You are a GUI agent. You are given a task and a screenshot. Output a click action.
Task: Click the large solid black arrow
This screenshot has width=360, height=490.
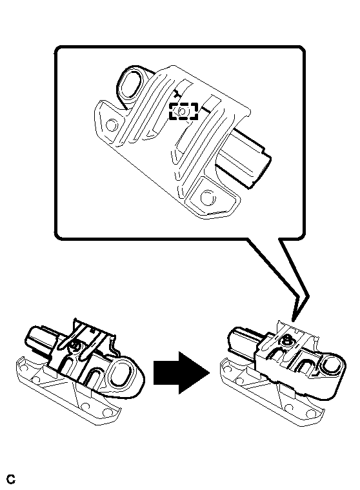(x=181, y=373)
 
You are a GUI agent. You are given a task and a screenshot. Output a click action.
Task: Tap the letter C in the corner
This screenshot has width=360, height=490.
(x=11, y=479)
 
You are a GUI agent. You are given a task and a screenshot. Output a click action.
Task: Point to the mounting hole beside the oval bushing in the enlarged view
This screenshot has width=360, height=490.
(x=112, y=125)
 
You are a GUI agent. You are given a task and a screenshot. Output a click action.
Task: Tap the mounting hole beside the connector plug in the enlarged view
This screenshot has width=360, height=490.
(x=208, y=197)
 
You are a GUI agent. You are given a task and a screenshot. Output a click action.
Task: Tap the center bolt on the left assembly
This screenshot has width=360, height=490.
(x=75, y=345)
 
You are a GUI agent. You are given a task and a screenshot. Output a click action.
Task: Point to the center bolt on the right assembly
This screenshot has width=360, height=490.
(x=286, y=340)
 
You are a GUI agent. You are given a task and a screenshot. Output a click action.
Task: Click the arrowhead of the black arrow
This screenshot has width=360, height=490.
(x=194, y=373)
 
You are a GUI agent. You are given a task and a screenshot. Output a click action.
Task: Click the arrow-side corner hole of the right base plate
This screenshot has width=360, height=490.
(x=311, y=413)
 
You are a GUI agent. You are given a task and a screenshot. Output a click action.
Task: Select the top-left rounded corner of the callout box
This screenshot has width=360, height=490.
(x=57, y=49)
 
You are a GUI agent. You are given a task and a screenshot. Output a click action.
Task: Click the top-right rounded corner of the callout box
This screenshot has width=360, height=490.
(x=302, y=49)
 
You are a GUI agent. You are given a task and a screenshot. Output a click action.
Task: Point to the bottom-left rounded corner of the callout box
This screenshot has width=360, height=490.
(x=57, y=237)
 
